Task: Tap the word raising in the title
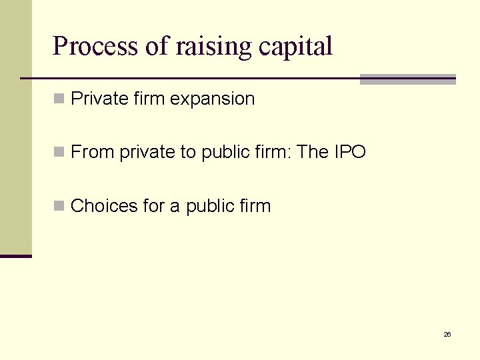click(x=213, y=47)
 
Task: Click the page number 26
click(x=447, y=334)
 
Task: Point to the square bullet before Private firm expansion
click(x=59, y=99)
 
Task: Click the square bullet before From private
click(x=59, y=153)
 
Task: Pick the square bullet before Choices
click(x=59, y=206)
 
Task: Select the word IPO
click(x=350, y=153)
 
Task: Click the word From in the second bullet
click(x=93, y=153)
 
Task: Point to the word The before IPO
click(x=313, y=153)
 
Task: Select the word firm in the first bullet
click(x=149, y=99)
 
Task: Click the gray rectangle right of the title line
click(x=407, y=79)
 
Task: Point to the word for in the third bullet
click(x=154, y=206)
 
